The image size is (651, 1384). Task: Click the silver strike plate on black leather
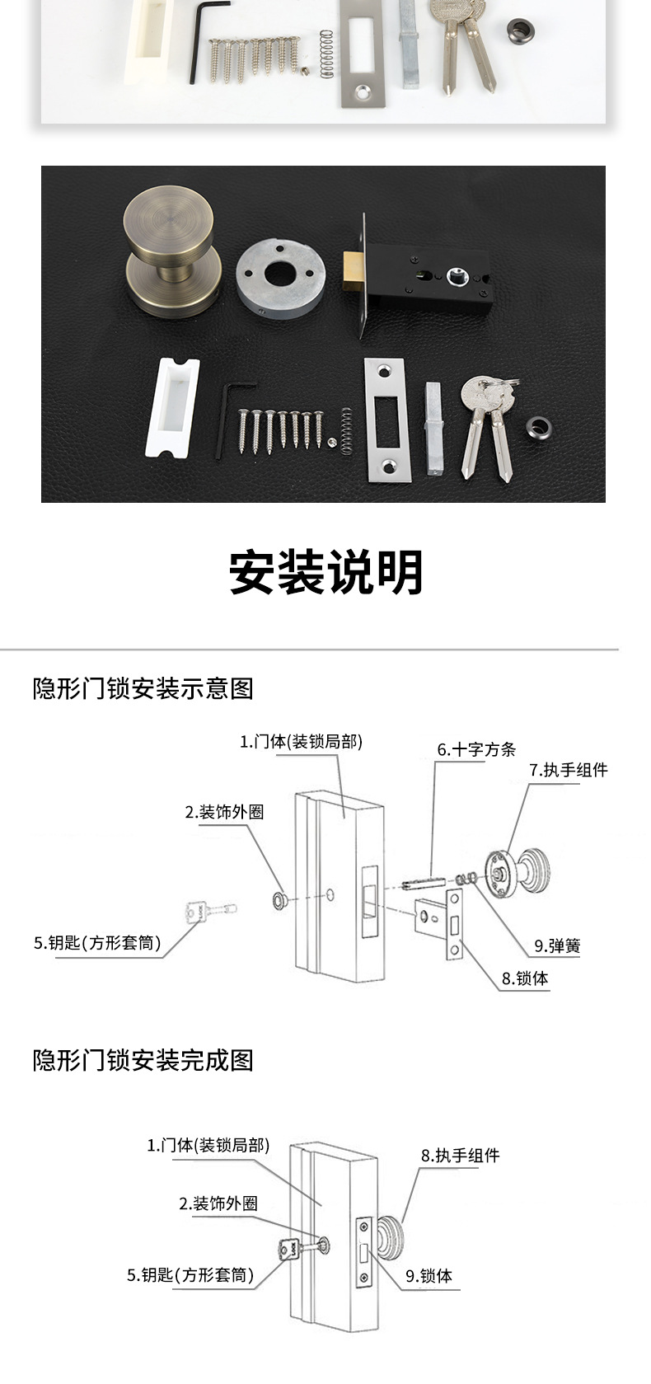click(386, 420)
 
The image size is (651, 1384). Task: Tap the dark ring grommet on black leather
click(538, 425)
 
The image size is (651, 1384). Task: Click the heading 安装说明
click(326, 572)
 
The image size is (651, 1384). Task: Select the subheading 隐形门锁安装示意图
click(143, 688)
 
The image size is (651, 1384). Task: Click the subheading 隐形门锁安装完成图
click(143, 1059)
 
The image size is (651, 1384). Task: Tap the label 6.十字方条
click(476, 749)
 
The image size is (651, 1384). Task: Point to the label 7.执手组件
click(569, 770)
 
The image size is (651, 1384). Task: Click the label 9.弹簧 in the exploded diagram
click(557, 946)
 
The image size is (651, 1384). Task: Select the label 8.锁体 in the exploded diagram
click(525, 978)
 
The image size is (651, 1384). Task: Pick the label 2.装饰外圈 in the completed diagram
click(218, 1203)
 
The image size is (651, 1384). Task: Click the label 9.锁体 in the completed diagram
click(429, 1276)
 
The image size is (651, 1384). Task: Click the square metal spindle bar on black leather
click(433, 428)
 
